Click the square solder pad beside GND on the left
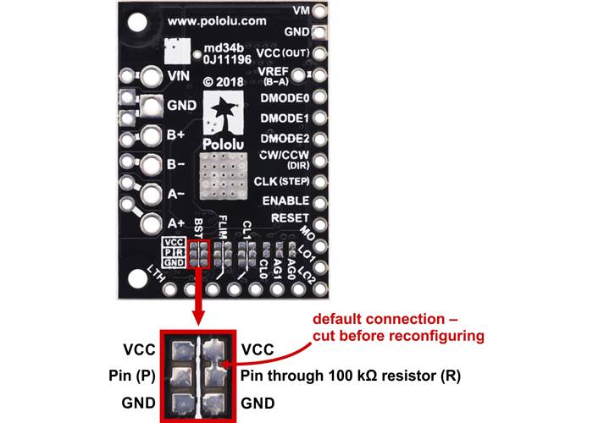[151, 106]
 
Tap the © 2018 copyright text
[223, 82]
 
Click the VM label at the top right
[300, 10]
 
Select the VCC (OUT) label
[285, 52]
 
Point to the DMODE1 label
[285, 118]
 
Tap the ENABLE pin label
[285, 201]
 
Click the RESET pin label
[289, 218]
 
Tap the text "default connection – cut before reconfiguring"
[398, 328]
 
